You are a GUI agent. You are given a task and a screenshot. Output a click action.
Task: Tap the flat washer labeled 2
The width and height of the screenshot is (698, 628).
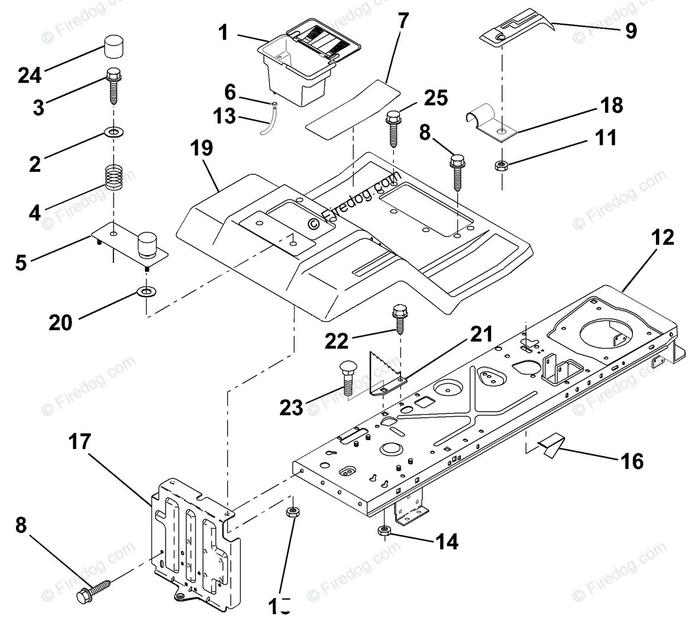point(112,130)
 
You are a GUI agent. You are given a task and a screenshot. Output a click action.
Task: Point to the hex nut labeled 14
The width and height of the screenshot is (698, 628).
point(384,531)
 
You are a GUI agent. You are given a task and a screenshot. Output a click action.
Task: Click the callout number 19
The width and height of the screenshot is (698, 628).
point(202,148)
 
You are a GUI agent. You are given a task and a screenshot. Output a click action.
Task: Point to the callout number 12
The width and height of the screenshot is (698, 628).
point(663,237)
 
